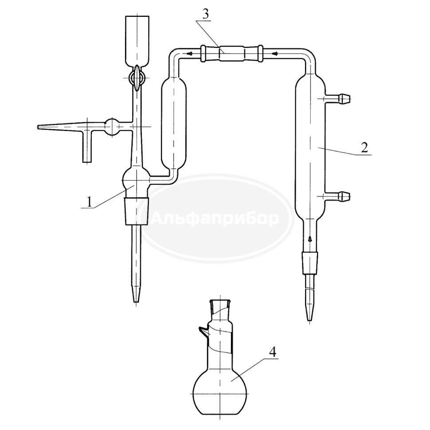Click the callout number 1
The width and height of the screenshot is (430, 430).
89,202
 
